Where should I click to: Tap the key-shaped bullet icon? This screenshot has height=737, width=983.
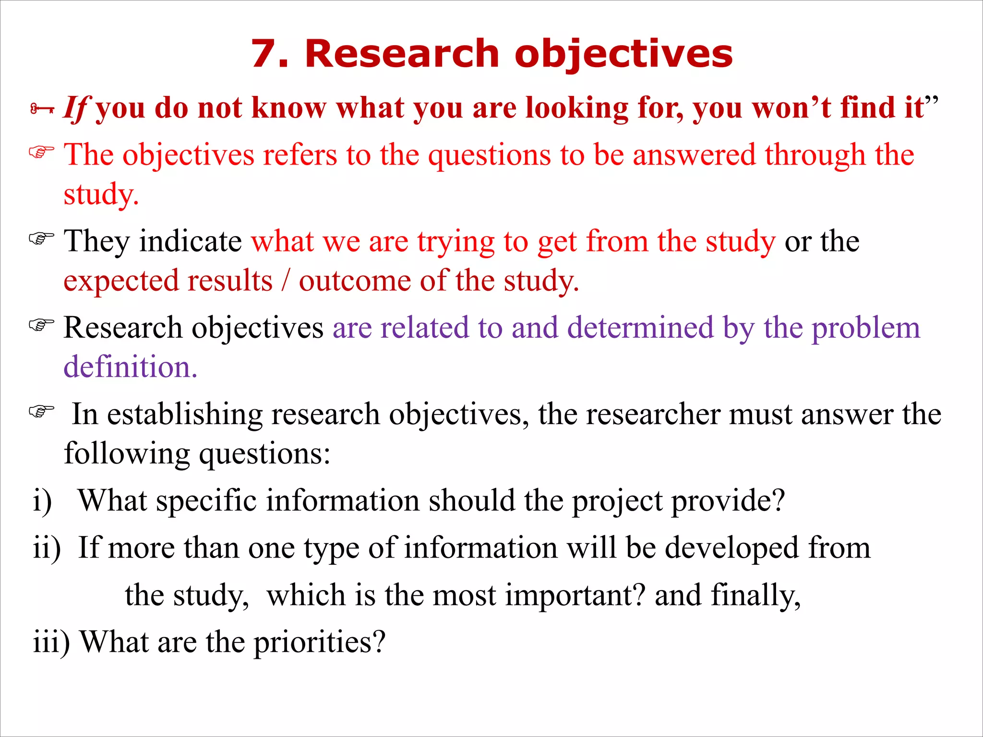(42, 109)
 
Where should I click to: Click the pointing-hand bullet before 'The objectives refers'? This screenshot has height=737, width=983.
(42, 153)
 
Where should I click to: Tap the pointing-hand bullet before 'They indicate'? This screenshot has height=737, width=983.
(42, 238)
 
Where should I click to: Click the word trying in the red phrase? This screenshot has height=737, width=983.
(456, 242)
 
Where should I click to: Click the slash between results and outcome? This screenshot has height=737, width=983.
(286, 280)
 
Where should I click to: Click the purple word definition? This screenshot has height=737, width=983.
(130, 367)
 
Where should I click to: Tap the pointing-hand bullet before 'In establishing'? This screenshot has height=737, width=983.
(42, 411)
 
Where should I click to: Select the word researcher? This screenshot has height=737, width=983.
(653, 414)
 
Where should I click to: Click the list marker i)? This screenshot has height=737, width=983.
(42, 501)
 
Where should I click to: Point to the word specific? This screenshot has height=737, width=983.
(207, 501)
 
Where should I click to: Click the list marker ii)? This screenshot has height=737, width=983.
(47, 548)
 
